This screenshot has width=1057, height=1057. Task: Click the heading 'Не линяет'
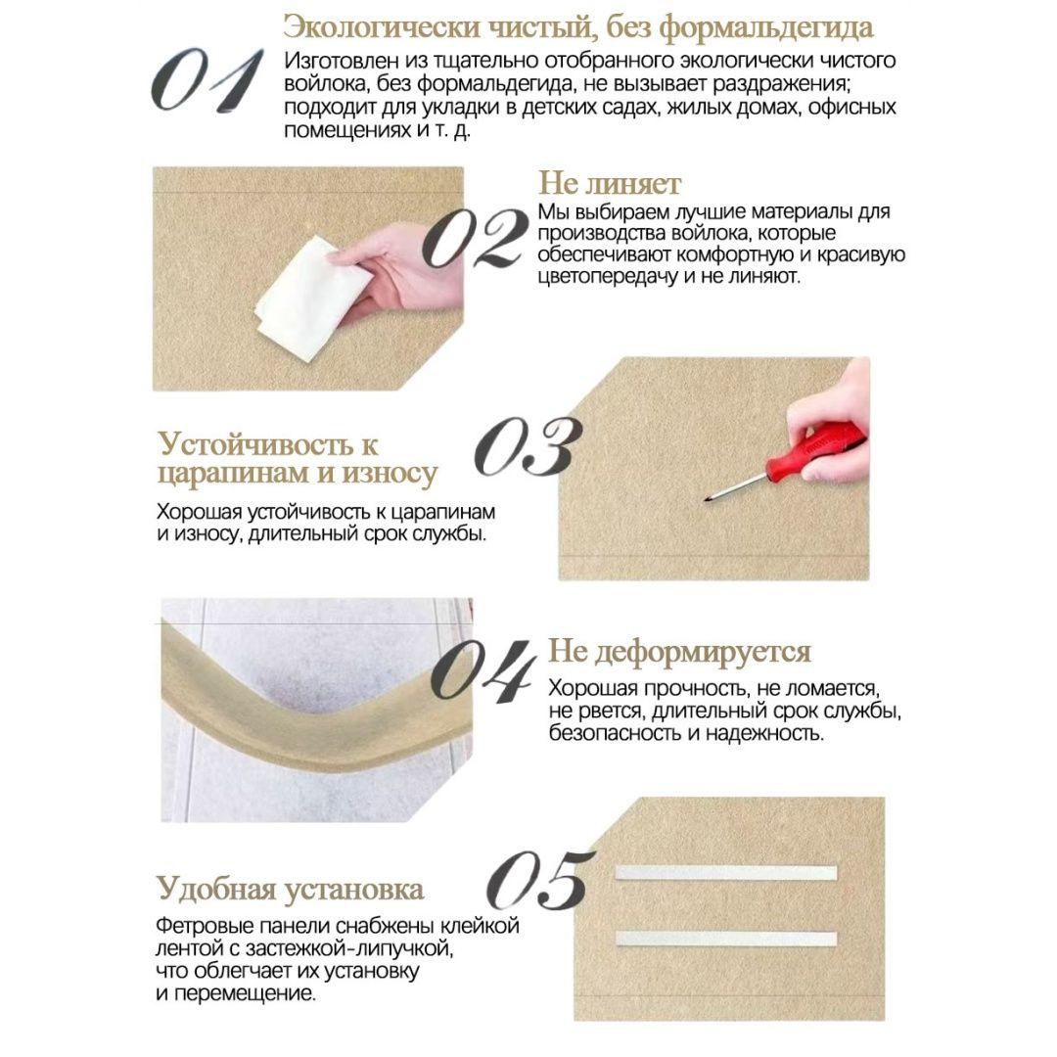pyautogui.click(x=610, y=183)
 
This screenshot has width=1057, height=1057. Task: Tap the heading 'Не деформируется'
pyautogui.click(x=679, y=652)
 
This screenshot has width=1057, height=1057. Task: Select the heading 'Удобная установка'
pyautogui.click(x=291, y=889)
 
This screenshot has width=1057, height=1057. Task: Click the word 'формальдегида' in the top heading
pyautogui.click(x=765, y=28)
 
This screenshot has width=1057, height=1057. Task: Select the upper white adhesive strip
pyautogui.click(x=726, y=873)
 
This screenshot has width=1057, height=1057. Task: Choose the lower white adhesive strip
pyautogui.click(x=726, y=939)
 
